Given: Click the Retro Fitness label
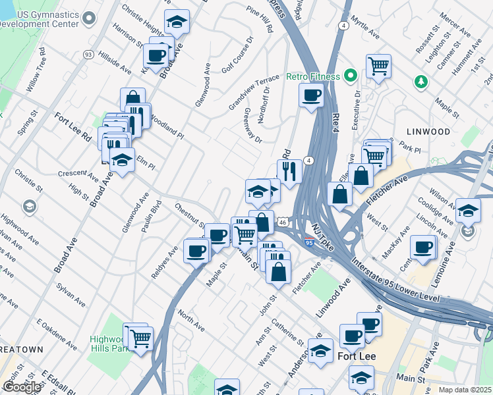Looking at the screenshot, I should tap(312, 76).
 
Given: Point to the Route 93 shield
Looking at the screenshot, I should tap(88, 55).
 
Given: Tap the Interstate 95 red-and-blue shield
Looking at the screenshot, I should tap(309, 242).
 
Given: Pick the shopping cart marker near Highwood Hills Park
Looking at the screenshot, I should tap(141, 339).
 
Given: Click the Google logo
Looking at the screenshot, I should tap(22, 387).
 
